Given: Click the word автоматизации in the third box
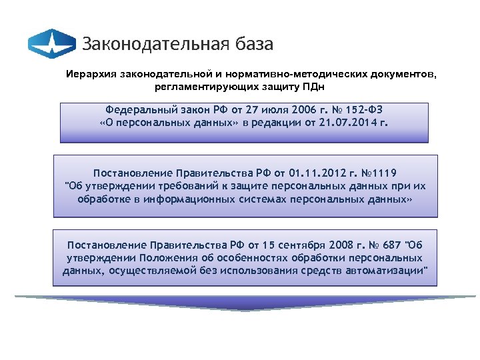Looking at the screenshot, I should click(387, 271).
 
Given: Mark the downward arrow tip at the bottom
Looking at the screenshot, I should click(245, 308).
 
